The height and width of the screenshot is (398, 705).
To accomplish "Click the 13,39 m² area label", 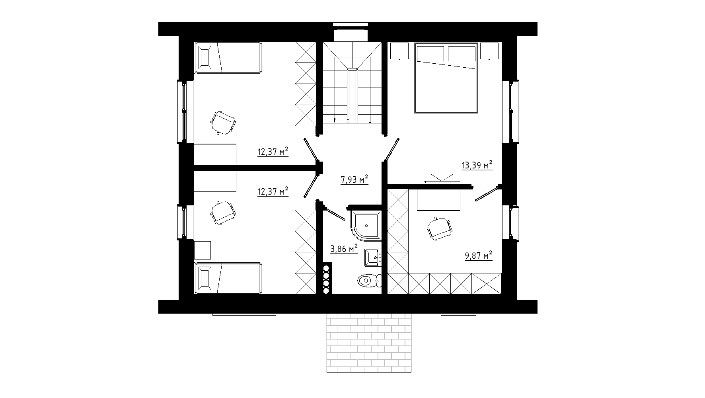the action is tap(477, 165).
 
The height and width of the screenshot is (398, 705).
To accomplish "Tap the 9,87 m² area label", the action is tap(479, 255).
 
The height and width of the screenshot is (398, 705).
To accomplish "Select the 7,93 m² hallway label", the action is tap(354, 180).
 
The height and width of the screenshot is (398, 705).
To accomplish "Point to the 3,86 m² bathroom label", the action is tap(344, 249).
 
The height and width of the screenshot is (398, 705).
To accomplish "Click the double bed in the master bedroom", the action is tap(446, 78).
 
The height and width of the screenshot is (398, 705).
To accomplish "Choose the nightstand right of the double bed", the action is tap(490, 51).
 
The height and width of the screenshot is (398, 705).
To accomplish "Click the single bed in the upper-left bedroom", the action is tap(228, 58).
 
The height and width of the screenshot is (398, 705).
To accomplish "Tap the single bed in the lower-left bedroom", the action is tap(228, 278).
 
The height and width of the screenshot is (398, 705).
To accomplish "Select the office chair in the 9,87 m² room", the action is tap(439, 228).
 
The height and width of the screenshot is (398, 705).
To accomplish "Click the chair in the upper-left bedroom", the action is tap(223, 123).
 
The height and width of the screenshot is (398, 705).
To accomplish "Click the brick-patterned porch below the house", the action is tap(368, 343).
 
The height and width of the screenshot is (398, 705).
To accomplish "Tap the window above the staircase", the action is tap(350, 25).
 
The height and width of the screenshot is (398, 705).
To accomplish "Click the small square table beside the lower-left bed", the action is tap(203, 250).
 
